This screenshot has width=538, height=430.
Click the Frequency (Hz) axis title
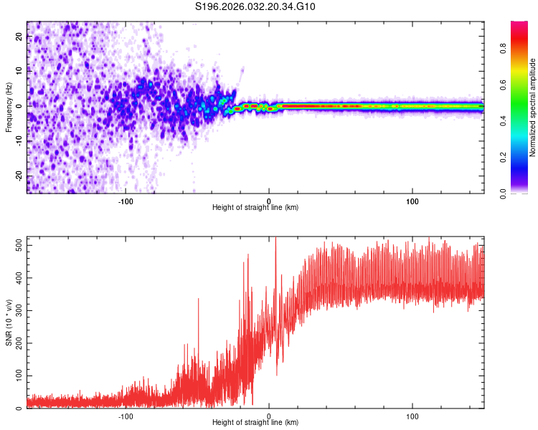9,107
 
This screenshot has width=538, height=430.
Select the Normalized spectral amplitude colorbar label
533,107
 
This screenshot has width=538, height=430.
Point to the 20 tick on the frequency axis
19,37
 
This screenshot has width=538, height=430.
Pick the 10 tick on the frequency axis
19,72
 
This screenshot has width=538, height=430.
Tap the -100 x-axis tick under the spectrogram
126,200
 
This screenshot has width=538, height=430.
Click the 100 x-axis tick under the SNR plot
412,415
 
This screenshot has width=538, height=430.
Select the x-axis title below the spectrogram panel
255,208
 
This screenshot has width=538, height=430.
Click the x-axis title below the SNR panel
255,423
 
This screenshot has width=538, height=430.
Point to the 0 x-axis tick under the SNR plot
269,415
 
